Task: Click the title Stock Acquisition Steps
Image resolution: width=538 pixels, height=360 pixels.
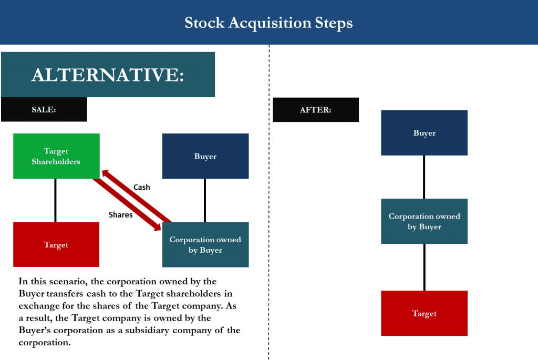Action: pos(268,23)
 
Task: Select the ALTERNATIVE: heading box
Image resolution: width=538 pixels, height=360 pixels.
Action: pos(108,75)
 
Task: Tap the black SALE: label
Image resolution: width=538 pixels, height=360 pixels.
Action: pos(44,110)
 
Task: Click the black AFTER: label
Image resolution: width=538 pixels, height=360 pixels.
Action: pos(315,110)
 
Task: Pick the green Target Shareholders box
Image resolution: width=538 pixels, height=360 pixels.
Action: pos(56,156)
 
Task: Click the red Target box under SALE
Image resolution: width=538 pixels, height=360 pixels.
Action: pos(56,244)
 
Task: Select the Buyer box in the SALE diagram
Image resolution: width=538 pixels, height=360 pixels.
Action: pos(205,156)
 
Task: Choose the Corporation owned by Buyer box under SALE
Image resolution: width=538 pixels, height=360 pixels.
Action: pos(205,244)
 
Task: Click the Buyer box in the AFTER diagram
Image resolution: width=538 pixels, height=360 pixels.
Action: pos(424,133)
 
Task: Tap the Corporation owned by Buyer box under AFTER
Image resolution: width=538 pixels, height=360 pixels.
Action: pos(424,221)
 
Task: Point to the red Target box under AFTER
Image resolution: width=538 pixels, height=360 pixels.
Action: pos(424,313)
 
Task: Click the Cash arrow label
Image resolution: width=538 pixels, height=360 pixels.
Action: pos(142,187)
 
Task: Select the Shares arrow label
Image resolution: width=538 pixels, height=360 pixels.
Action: pos(120,214)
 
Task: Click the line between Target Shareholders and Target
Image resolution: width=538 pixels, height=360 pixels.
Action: pos(55,200)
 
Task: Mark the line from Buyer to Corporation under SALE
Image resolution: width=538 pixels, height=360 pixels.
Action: pos(204,200)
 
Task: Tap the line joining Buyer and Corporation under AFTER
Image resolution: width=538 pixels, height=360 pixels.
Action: pos(424,177)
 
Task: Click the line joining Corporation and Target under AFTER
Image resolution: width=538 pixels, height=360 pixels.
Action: pos(424,267)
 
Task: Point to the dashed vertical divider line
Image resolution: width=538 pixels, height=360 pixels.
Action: pos(269,210)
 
